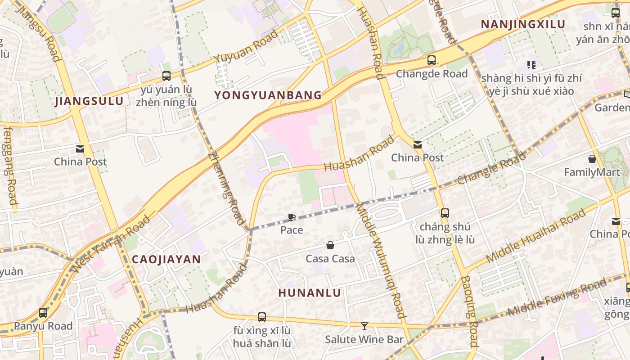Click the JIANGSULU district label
coord(89,101)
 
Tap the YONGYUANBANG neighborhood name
coord(268,95)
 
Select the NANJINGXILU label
coord(523,24)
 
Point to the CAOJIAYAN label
coord(166,259)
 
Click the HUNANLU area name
coord(310,292)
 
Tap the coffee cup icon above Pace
coord(292,217)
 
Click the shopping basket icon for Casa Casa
coord(330,245)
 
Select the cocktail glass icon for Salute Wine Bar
coord(364,326)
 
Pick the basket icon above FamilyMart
coord(592,159)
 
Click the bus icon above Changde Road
coord(432,60)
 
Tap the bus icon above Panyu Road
coord(43,312)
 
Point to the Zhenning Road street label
coord(226,188)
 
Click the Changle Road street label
coord(491,168)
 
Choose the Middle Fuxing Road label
coord(557,297)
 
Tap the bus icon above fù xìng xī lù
coord(262,317)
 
